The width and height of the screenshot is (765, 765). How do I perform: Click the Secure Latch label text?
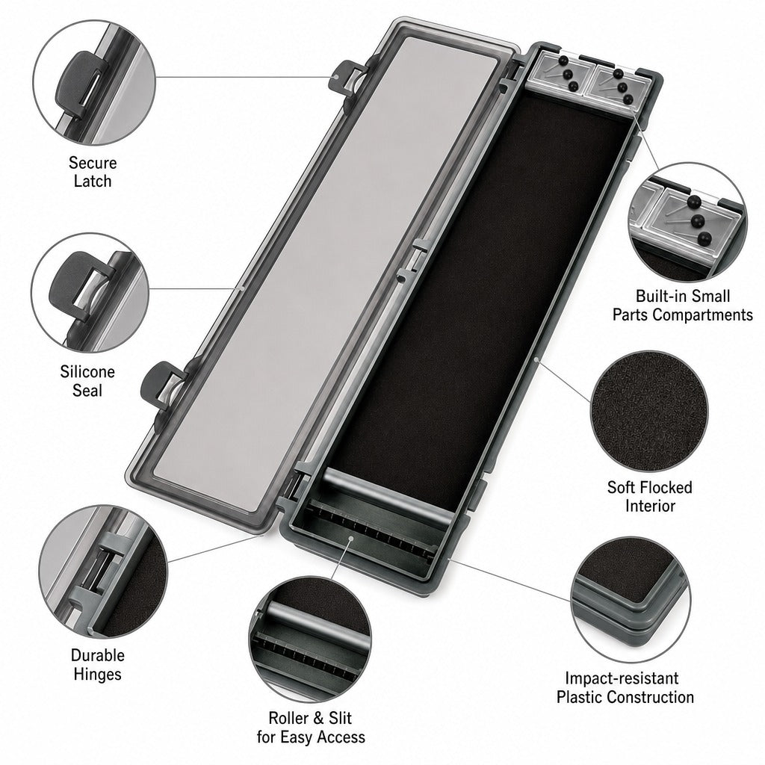click(x=93, y=172)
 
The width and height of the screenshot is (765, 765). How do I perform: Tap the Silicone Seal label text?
click(x=87, y=381)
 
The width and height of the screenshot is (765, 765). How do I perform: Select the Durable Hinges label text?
click(x=98, y=664)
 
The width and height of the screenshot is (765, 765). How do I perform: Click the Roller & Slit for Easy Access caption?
click(x=311, y=727)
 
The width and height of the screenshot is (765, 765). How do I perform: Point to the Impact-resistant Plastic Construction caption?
click(x=625, y=687)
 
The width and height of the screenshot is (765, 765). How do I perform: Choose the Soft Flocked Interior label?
click(x=650, y=496)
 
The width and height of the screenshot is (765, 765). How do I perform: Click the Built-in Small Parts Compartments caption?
click(x=683, y=306)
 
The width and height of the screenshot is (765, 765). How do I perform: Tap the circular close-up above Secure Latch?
click(x=94, y=82)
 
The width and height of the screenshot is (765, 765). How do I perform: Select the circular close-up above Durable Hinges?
click(x=103, y=572)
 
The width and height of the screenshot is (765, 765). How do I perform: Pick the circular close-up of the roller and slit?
click(x=310, y=639)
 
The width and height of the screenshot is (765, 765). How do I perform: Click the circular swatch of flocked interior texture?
click(x=650, y=412)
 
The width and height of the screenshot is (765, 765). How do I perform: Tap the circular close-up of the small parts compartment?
click(x=687, y=222)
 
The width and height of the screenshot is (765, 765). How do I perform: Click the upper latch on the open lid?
click(x=347, y=77)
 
